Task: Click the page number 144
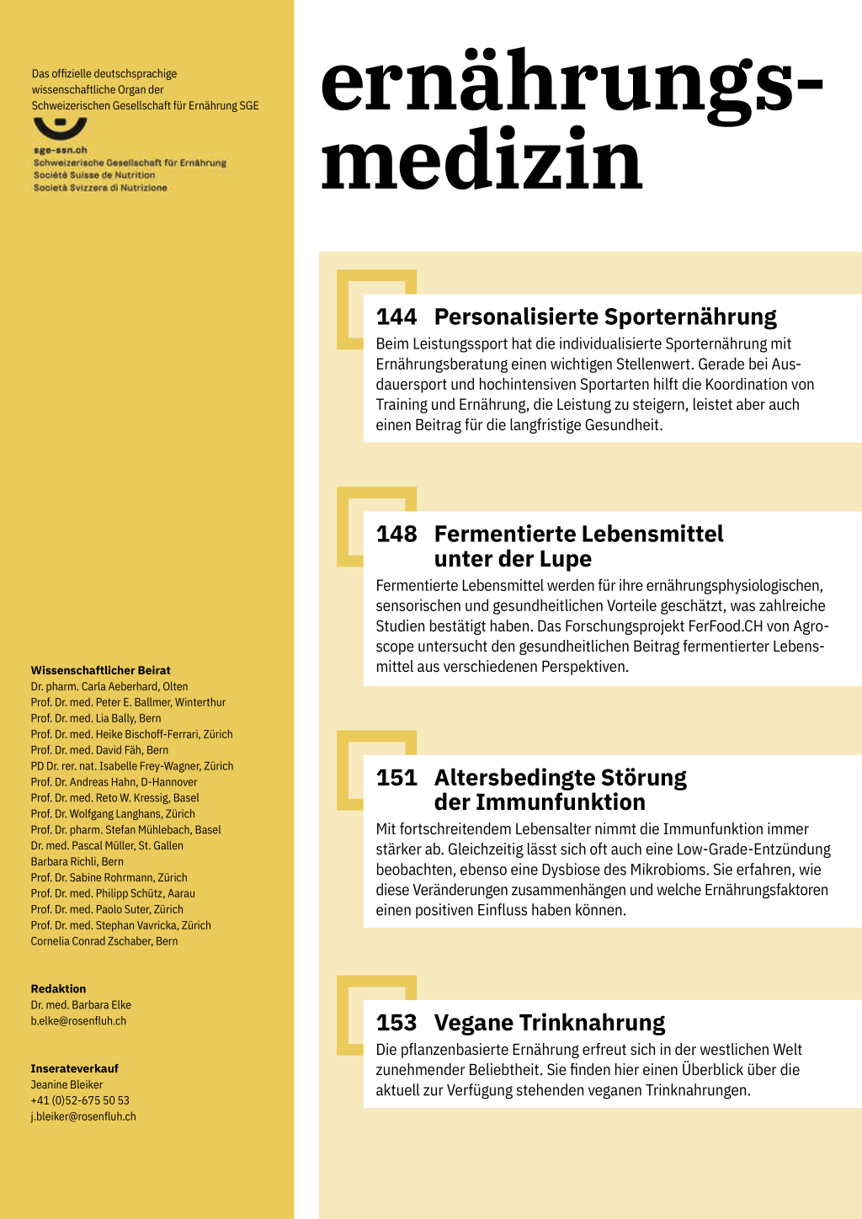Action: point(396,317)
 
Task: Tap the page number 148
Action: point(396,535)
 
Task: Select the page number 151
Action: point(396,778)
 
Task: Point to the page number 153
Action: point(396,1023)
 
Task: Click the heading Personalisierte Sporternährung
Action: point(605,317)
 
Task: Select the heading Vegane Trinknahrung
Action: point(550,1023)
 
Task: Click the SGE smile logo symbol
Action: point(60,129)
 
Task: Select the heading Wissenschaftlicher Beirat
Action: point(100,671)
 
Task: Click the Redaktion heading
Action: point(58,989)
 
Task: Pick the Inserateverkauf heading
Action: point(75,1069)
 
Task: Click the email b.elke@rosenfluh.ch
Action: point(78,1021)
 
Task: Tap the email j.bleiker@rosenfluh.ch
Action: point(83,1117)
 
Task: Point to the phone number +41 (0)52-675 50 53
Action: point(80,1101)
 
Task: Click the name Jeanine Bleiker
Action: point(67,1085)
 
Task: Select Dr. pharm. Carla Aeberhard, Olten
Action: point(109,687)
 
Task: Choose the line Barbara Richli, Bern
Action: point(77,862)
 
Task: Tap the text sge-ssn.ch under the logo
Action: point(61,151)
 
